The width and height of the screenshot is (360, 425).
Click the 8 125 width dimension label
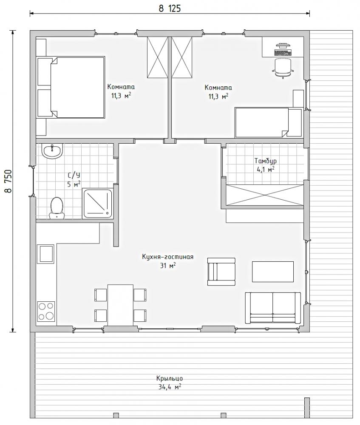(170, 8)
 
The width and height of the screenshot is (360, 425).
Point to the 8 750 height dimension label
(8, 181)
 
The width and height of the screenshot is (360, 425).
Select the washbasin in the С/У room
(52, 151)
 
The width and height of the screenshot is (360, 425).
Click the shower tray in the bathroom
(98, 204)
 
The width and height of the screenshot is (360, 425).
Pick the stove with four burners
(46, 311)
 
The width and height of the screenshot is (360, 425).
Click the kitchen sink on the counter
(47, 254)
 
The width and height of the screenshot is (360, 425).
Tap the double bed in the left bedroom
(71, 87)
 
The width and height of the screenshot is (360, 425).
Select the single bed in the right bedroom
(268, 123)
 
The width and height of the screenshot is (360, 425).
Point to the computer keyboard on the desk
(283, 53)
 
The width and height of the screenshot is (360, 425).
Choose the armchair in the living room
(221, 272)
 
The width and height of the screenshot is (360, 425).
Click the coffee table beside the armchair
(273, 272)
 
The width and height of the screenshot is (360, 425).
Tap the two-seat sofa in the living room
(273, 308)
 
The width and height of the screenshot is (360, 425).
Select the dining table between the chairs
(120, 305)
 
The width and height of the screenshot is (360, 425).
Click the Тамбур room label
(265, 161)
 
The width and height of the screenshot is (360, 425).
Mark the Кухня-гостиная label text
(168, 257)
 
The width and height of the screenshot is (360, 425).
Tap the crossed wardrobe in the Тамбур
(265, 195)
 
